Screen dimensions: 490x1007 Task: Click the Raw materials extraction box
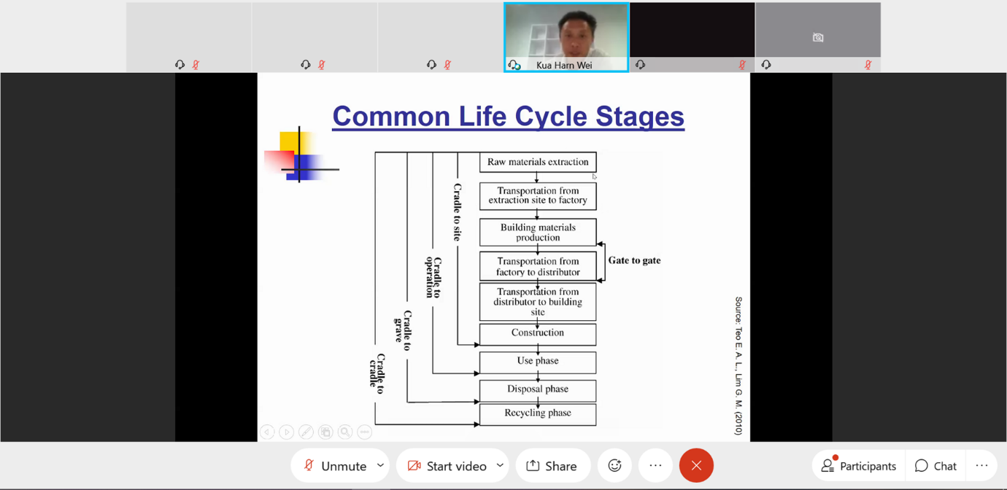tap(538, 162)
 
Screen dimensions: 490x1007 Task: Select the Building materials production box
tap(538, 233)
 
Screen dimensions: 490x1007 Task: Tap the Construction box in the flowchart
tap(538, 333)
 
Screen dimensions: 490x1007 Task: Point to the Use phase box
tap(538, 362)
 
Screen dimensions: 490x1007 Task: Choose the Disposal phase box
tap(538, 389)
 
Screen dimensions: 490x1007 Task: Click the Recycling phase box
tap(538, 413)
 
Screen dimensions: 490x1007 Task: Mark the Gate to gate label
tap(634, 260)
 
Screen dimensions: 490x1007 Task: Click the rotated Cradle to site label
tap(458, 212)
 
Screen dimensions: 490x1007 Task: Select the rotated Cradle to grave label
tap(403, 330)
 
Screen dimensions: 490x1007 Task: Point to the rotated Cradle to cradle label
tap(378, 373)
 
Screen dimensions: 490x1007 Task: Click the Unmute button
tap(335, 466)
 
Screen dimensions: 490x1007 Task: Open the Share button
tap(552, 466)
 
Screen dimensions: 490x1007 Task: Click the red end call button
tap(696, 466)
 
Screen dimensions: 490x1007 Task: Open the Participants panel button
tap(859, 466)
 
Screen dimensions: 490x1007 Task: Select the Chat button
tap(935, 466)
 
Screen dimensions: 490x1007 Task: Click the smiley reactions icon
tap(614, 466)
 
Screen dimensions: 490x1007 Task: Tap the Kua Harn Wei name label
tap(564, 65)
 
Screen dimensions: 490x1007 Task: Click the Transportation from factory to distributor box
tap(538, 267)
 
